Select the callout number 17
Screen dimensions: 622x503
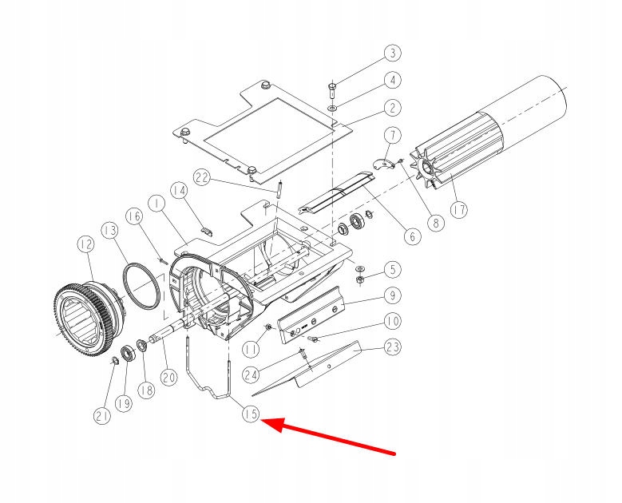click(458, 209)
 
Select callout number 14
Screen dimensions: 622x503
click(178, 192)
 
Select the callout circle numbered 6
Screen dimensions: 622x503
click(412, 236)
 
